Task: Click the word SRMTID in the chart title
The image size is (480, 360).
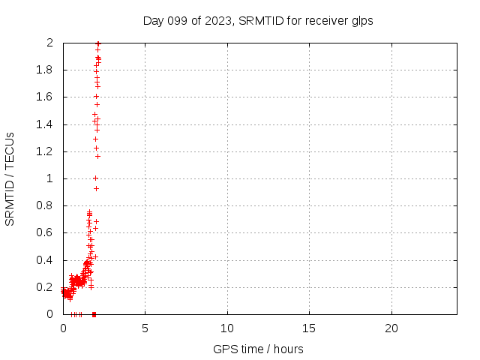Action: click(x=259, y=21)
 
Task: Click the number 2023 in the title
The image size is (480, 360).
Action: click(x=219, y=21)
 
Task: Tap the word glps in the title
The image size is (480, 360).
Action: click(x=361, y=21)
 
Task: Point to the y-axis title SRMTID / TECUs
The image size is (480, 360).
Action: click(x=10, y=178)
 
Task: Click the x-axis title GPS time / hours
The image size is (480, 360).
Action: click(x=259, y=349)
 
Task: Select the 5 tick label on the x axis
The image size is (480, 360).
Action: click(x=145, y=328)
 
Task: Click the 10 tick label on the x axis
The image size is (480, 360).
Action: click(x=227, y=328)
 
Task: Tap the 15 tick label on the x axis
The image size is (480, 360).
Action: click(x=309, y=328)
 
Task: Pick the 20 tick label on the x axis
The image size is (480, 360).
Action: click(x=391, y=328)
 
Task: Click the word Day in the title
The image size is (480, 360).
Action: click(x=153, y=21)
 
